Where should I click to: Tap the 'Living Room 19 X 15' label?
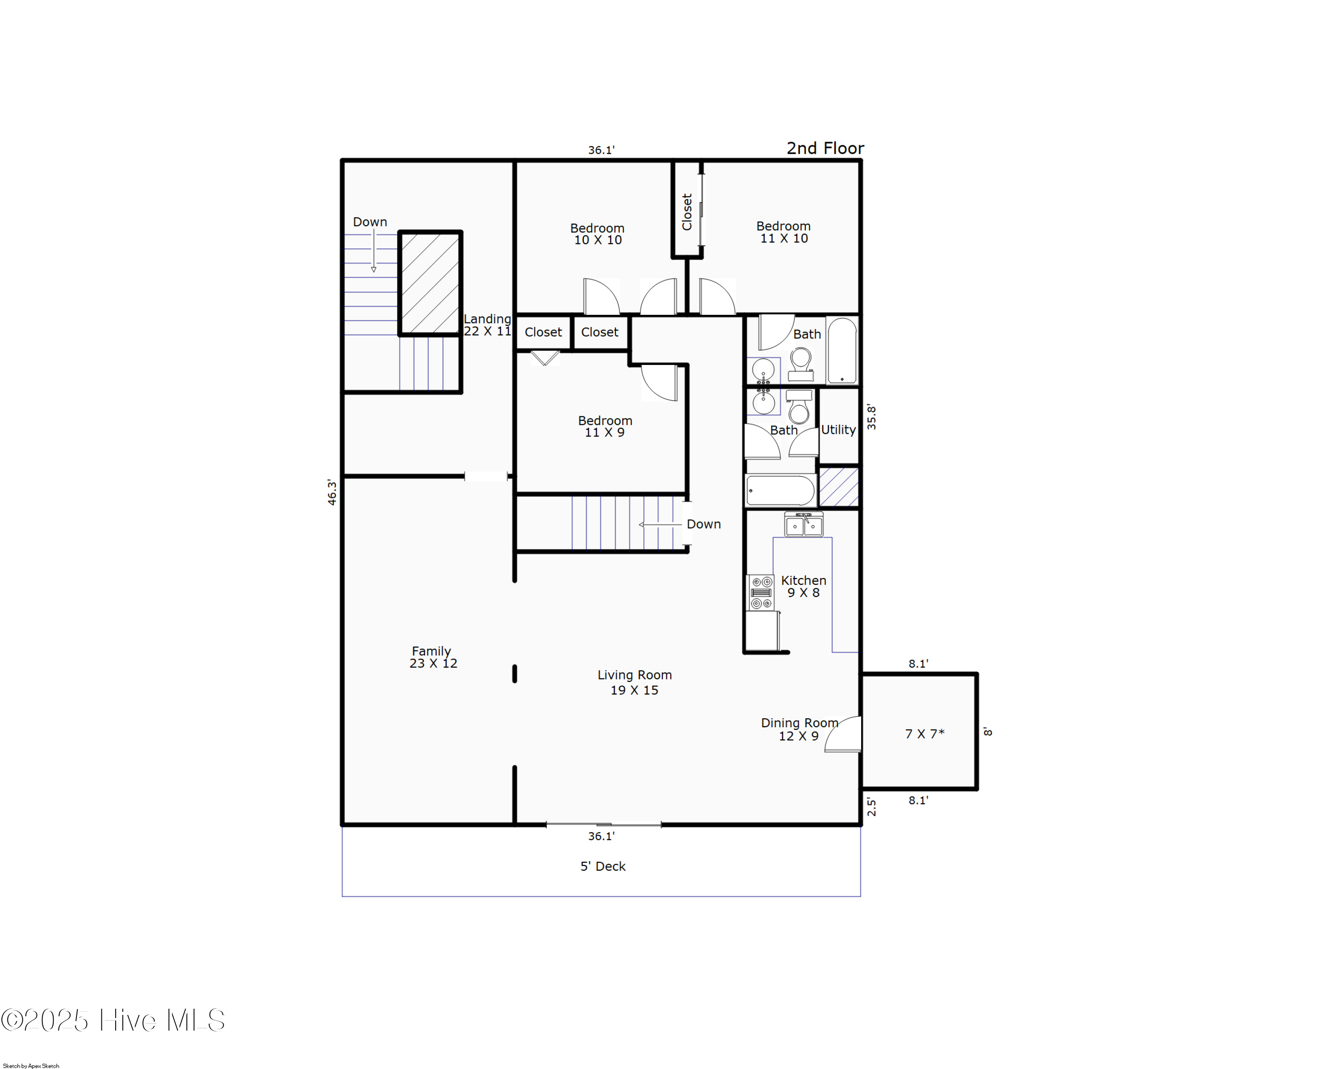[x=634, y=682]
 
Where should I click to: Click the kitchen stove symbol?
[x=761, y=592]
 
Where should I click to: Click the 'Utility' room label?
[x=838, y=429]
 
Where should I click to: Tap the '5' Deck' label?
[x=602, y=866]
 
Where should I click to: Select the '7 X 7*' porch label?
[x=924, y=734]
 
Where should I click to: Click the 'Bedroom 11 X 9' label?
[x=605, y=426]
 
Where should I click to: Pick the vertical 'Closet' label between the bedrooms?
[x=687, y=211]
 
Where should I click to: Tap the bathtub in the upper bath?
[x=842, y=351]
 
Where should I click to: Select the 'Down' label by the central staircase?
[x=703, y=524]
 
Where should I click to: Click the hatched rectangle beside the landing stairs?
[x=430, y=283]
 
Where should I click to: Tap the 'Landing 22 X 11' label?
[x=487, y=324]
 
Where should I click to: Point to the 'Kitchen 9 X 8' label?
[x=803, y=586]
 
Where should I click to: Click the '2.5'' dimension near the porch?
[x=871, y=807]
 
